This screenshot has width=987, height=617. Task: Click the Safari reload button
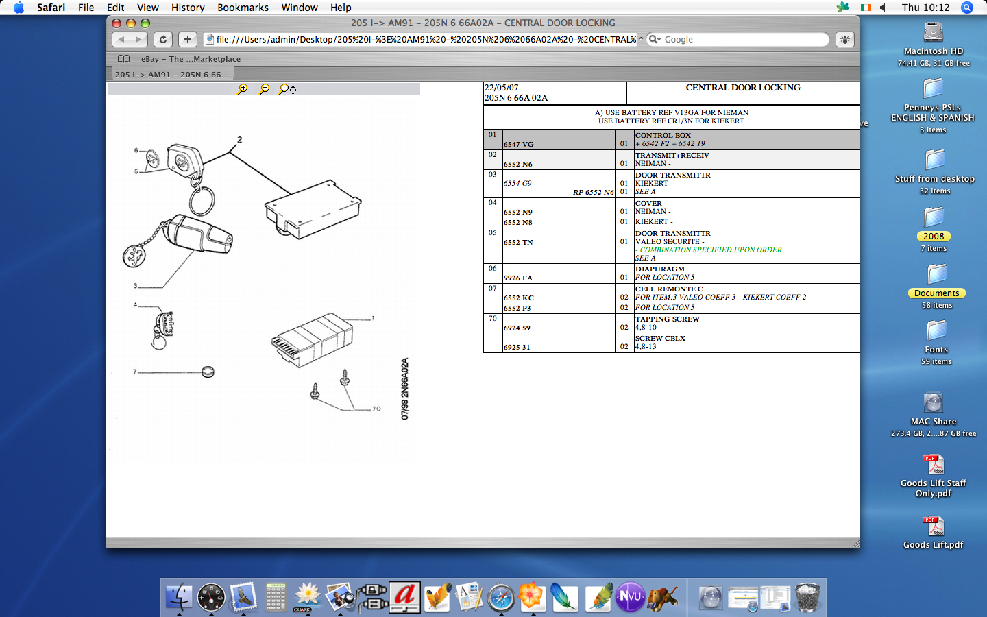(x=162, y=39)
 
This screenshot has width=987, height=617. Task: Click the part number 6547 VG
(x=519, y=144)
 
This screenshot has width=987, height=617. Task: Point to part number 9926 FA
(x=518, y=278)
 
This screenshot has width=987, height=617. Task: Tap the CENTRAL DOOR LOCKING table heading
(x=743, y=88)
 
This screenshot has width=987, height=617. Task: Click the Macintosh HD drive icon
(x=934, y=32)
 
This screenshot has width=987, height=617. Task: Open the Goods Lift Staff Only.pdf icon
(x=934, y=465)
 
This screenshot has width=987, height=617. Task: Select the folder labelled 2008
(x=934, y=218)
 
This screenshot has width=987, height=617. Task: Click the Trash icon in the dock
(x=807, y=596)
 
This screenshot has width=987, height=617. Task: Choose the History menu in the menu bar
(x=188, y=8)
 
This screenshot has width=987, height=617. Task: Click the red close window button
(x=117, y=23)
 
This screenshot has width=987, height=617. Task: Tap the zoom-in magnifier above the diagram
(x=242, y=89)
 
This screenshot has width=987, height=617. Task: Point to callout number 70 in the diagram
(x=376, y=409)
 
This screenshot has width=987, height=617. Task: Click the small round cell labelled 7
(x=208, y=372)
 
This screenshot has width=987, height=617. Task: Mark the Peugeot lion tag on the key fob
(x=135, y=256)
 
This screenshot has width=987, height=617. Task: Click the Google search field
(x=744, y=39)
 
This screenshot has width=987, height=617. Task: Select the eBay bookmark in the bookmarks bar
(x=191, y=59)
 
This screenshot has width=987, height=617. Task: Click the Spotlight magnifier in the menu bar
(x=966, y=8)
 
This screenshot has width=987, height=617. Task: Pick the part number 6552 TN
(x=518, y=243)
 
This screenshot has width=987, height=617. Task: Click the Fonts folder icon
(x=936, y=330)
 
